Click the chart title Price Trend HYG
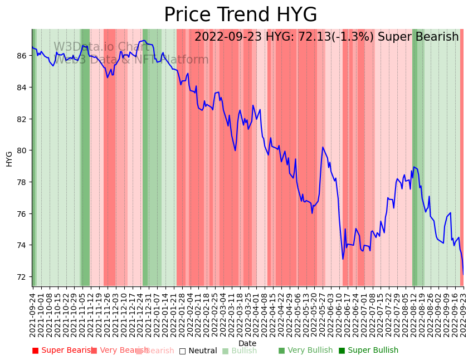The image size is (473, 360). pyautogui.click(x=240, y=15)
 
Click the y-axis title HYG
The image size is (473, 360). pyautogui.click(x=9, y=158)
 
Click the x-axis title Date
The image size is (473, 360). pyautogui.click(x=247, y=344)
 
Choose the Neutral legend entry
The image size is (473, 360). pyautogui.click(x=198, y=351)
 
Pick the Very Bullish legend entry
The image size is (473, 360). pyautogui.click(x=305, y=351)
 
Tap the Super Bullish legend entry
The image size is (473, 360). pyautogui.click(x=369, y=351)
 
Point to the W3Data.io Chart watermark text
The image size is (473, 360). pyautogui.click(x=101, y=47)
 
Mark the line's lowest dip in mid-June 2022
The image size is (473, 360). pyautogui.click(x=343, y=259)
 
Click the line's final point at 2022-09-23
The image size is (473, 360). pyautogui.click(x=463, y=274)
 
